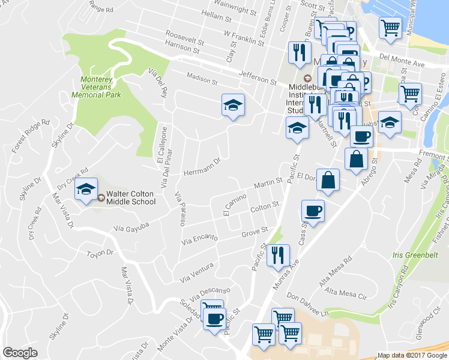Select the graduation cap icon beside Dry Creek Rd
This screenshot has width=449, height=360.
point(86,190)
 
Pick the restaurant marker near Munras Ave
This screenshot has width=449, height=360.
point(278,255)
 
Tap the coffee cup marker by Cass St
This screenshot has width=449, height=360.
point(313,211)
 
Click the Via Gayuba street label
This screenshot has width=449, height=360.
point(130,228)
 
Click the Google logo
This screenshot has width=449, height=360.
point(20,353)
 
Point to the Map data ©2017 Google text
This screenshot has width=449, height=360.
point(412,355)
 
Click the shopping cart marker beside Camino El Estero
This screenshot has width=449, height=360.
point(410,93)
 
